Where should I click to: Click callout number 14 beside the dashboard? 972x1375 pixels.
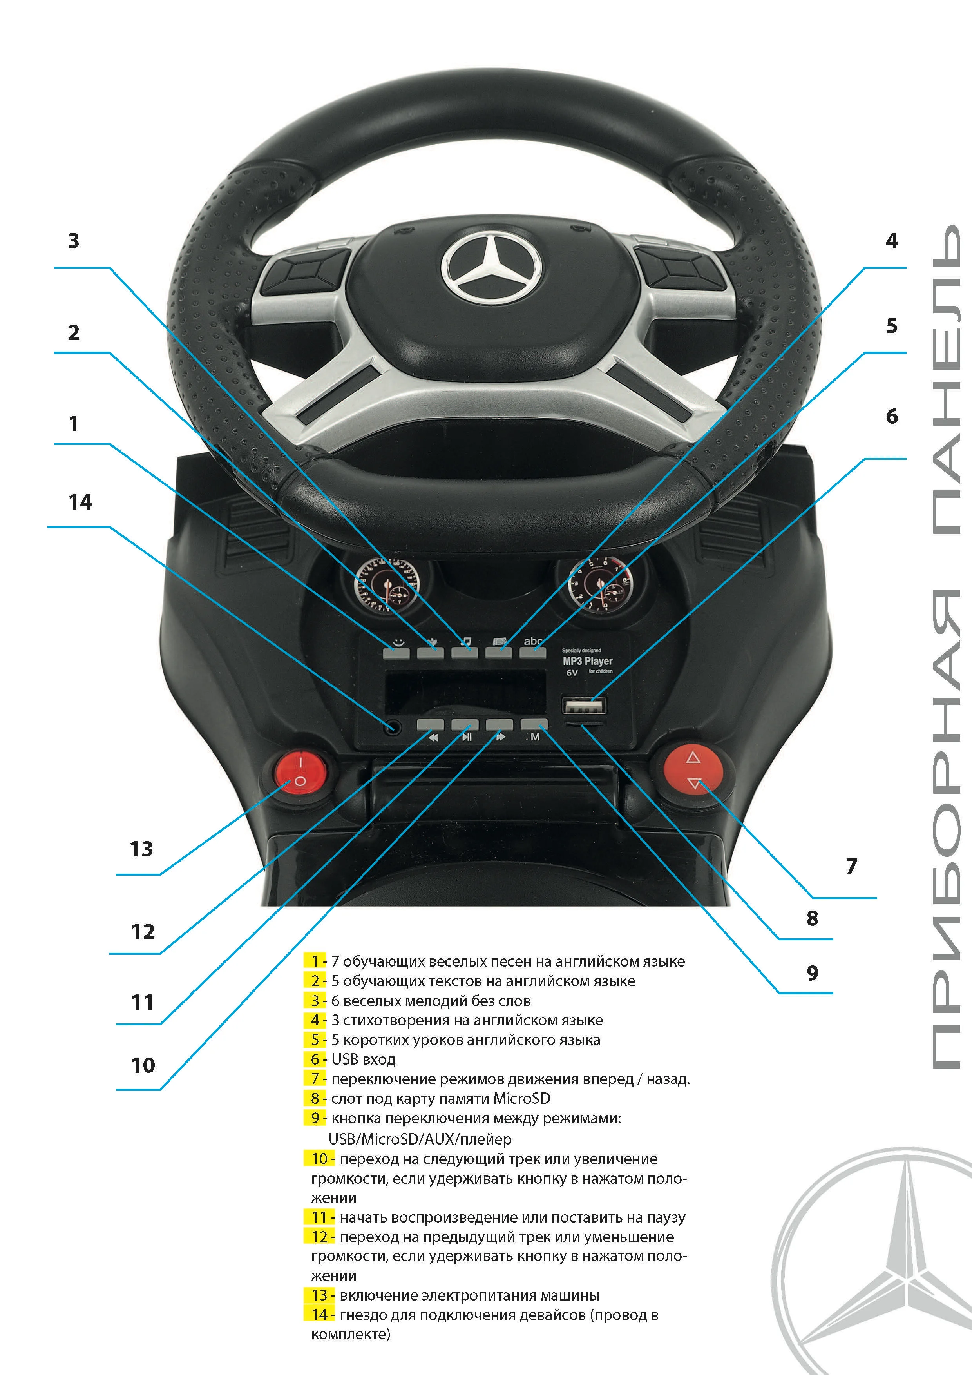(80, 502)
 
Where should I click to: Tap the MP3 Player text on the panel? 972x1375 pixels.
(587, 661)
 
